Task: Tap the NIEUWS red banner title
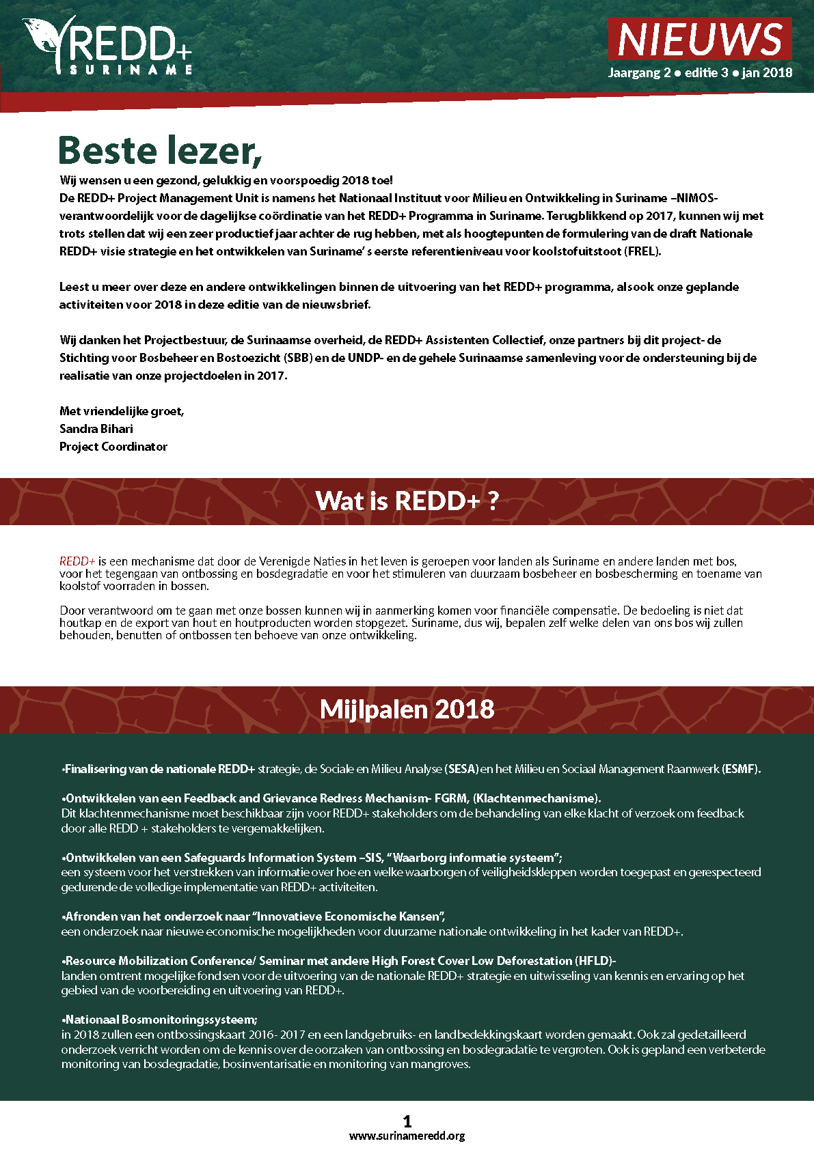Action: click(x=700, y=40)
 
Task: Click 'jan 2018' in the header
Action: click(x=767, y=72)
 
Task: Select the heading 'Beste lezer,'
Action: click(x=161, y=150)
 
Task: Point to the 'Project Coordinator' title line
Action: click(x=113, y=447)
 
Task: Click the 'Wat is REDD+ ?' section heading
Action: click(x=407, y=501)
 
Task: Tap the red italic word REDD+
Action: click(x=77, y=561)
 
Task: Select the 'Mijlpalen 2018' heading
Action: click(x=407, y=710)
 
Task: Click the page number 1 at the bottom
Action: click(x=407, y=1121)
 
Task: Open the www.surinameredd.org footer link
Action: click(x=407, y=1136)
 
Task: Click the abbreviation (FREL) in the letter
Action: click(x=642, y=251)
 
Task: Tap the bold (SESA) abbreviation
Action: click(x=461, y=769)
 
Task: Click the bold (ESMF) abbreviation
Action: click(x=741, y=769)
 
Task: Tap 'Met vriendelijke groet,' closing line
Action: click(x=122, y=411)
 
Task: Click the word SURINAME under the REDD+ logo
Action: click(x=131, y=70)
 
